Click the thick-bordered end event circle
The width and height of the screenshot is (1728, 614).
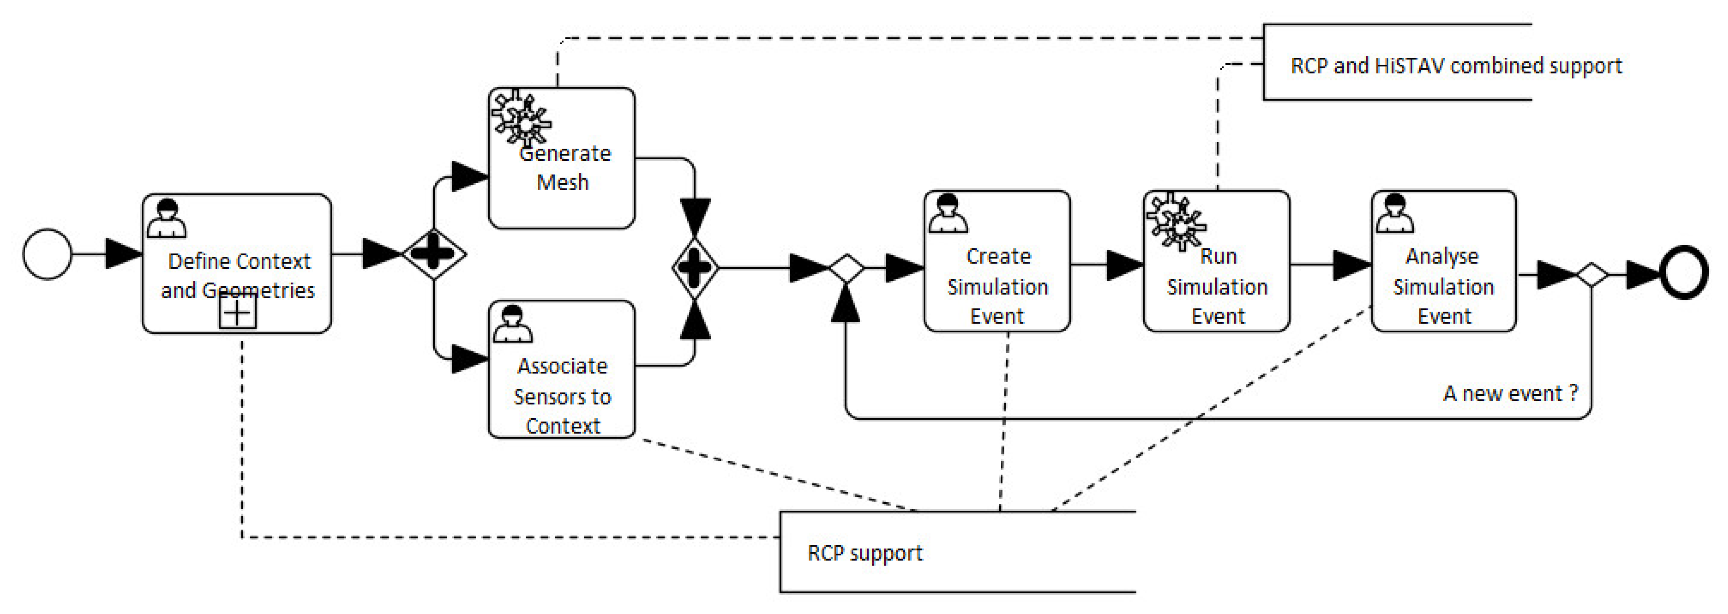[1684, 272]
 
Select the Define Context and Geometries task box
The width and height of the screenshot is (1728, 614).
[237, 263]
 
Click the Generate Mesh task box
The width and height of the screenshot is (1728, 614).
[561, 158]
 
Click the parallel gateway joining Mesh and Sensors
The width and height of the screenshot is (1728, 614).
[695, 268]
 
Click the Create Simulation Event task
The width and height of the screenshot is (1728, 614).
[997, 262]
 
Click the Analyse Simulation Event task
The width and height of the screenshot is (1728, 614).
[1444, 262]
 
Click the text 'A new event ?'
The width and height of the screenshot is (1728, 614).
[1510, 393]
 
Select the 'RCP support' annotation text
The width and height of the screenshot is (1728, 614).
[865, 553]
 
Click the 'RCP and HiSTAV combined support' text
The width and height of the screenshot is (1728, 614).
[1456, 66]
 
